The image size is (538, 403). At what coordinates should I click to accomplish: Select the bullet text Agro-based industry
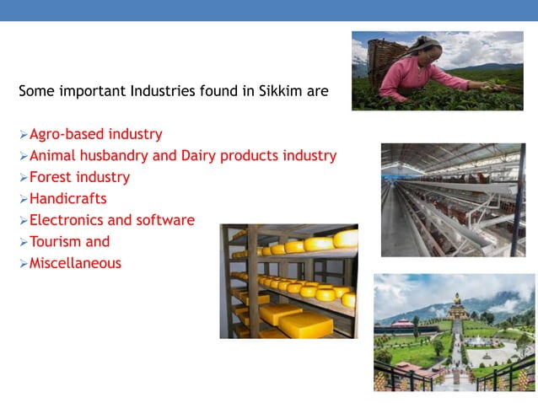[96, 134]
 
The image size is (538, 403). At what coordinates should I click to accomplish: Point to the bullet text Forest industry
[79, 177]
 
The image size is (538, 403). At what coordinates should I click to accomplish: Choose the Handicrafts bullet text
[68, 199]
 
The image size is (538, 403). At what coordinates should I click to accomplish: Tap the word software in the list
[167, 220]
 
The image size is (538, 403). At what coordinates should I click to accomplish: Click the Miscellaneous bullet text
[75, 263]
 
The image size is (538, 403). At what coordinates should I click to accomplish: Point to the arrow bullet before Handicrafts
[23, 199]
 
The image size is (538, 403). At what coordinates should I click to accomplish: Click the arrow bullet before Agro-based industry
[23, 134]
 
